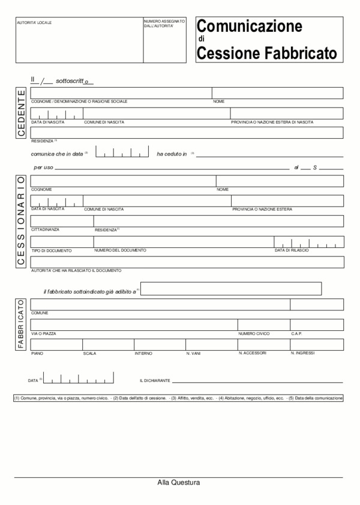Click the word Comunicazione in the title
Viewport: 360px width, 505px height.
point(250,26)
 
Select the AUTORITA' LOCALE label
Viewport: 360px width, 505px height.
point(35,23)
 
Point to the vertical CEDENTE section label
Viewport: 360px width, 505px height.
point(21,113)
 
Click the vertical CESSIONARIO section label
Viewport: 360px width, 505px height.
point(21,221)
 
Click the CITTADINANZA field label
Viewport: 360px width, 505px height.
point(46,229)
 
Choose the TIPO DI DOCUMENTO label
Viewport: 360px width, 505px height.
point(52,250)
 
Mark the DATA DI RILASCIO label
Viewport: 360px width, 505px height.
point(292,250)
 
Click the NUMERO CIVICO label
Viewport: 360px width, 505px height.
point(254,333)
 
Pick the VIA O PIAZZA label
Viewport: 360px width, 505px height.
point(44,333)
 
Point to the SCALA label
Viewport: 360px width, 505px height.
point(89,354)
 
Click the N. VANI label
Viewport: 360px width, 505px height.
point(193,354)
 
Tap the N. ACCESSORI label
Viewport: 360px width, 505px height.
point(253,353)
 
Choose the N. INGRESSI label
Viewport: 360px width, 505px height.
point(302,353)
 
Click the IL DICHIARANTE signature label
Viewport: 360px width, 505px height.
point(155,381)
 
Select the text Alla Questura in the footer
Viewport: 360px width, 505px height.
point(179,482)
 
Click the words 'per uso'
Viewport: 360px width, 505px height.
point(44,167)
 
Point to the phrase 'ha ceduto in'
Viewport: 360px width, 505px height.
point(172,154)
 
